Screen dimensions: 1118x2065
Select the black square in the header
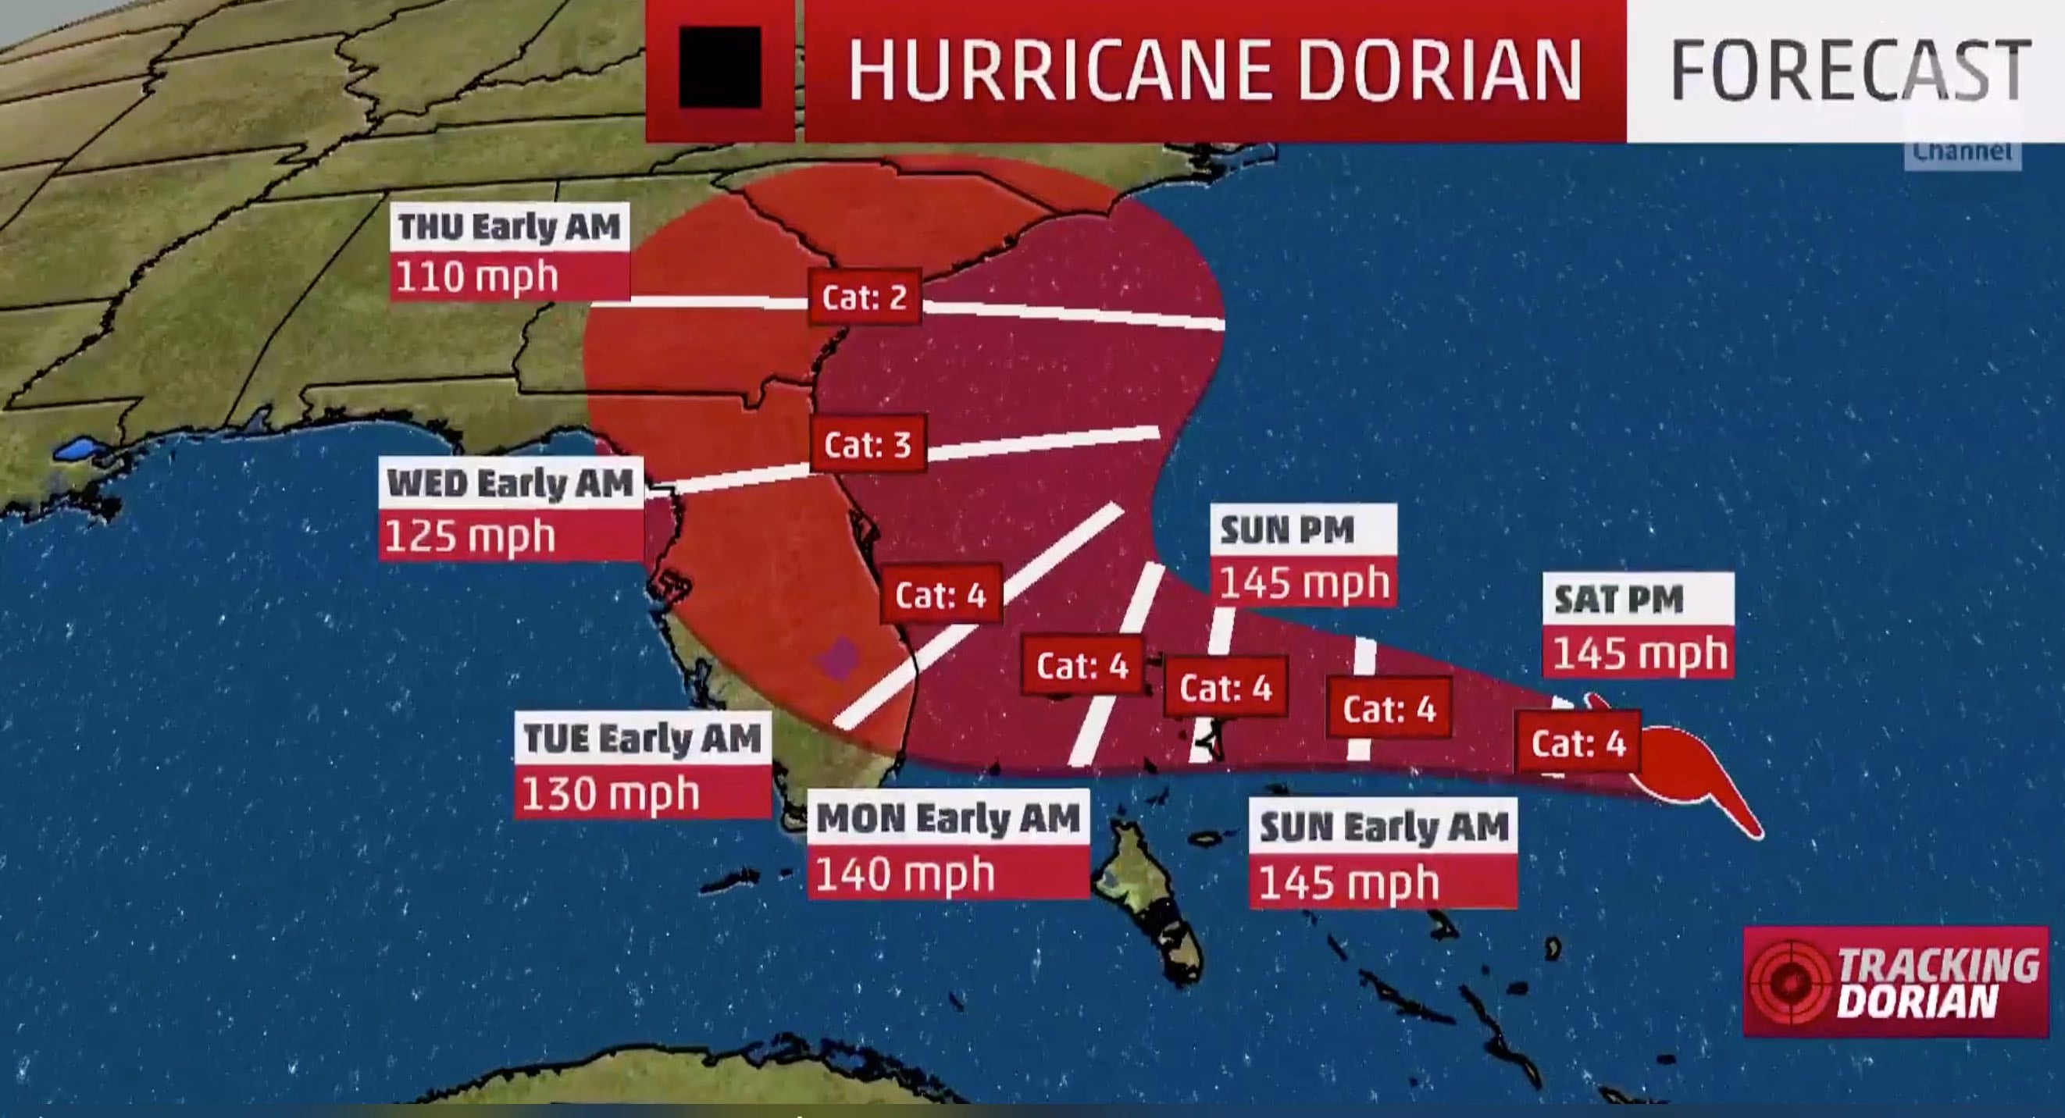[x=719, y=67]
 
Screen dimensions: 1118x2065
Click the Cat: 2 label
[x=864, y=298]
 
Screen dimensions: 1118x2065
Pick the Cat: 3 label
[x=868, y=445]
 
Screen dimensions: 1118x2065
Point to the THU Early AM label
[x=510, y=227]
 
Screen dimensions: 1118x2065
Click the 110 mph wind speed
[x=477, y=277]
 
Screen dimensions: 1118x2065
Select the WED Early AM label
[x=511, y=483]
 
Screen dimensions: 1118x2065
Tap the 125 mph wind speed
[x=470, y=536]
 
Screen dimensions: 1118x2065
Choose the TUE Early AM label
[x=642, y=738]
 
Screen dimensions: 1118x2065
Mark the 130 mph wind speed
[x=611, y=793]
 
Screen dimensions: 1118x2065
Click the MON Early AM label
[x=948, y=818]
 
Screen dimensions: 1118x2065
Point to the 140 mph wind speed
[x=905, y=873]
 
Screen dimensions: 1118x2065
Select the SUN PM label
[x=1287, y=530]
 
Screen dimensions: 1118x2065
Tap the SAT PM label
[x=1618, y=600]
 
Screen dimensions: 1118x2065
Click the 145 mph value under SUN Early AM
[x=1348, y=882]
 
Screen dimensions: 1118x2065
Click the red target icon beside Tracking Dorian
[x=1789, y=981]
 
